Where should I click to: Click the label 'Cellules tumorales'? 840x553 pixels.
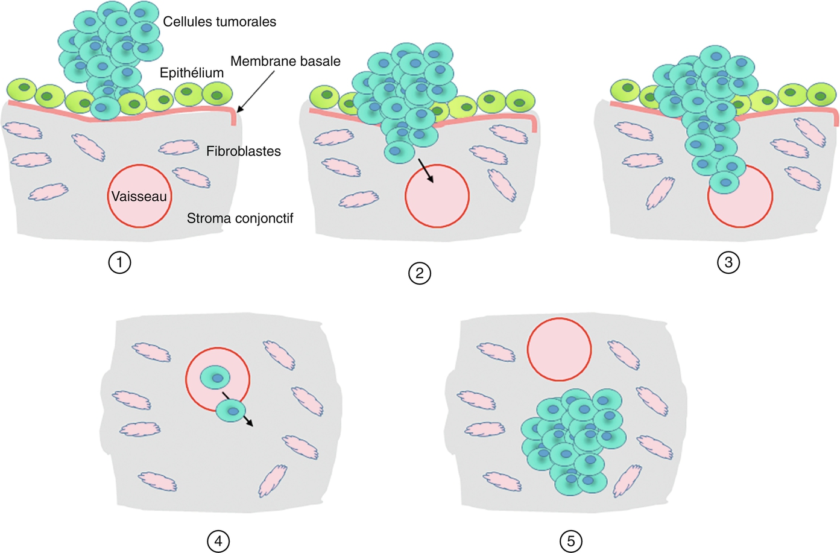[x=219, y=22]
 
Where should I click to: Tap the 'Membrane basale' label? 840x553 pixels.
[x=285, y=62]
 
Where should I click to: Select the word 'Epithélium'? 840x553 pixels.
[x=191, y=73]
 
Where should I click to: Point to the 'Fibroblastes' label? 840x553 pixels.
[x=244, y=151]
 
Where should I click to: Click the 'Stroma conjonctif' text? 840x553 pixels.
[x=239, y=218]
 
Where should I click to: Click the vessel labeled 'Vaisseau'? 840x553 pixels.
[x=139, y=197]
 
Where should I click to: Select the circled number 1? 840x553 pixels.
[x=119, y=262]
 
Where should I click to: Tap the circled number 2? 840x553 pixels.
[x=420, y=273]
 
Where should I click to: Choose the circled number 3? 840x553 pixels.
[x=728, y=262]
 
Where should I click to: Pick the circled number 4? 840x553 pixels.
[x=218, y=541]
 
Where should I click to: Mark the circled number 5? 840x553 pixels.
[x=571, y=541]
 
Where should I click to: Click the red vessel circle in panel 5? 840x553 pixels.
[x=559, y=349]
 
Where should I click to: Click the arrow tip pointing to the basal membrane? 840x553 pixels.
[x=239, y=111]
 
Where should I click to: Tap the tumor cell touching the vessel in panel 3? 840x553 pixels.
[x=724, y=182]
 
